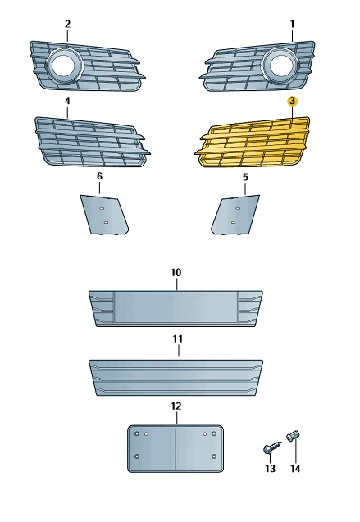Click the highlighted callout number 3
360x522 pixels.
pos(292,101)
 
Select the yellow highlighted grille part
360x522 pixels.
pos(252,143)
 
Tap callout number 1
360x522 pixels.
pos(293,24)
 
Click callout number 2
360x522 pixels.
pos(67,24)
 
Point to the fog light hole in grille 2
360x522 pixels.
pos(63,65)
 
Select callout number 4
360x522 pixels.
pos(67,101)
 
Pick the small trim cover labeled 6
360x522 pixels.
pos(104,215)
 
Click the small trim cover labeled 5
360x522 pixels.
pos(235,215)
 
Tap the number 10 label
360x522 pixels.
pos(176,272)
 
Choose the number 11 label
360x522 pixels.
pos(178,339)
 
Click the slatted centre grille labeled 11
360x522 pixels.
pos(175,378)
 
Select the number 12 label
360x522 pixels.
pos(176,406)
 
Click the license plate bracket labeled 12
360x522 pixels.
pos(175,449)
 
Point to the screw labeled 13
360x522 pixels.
pos(272,447)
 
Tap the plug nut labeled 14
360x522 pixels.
pos(293,435)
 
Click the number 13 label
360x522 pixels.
pos(270,469)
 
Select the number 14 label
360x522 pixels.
pos(295,469)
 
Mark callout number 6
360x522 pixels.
pos(99,176)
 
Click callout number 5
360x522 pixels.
pos(245,177)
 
